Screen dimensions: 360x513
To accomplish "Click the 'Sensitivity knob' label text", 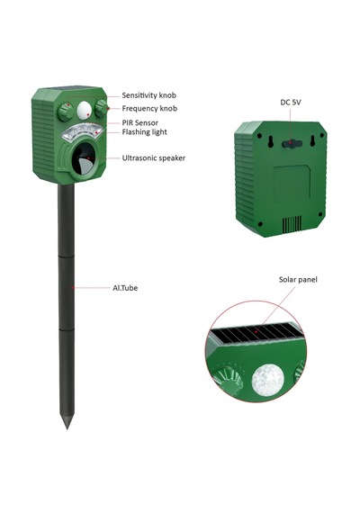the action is [x=148, y=95].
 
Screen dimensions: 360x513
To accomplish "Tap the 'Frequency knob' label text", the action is [x=149, y=108].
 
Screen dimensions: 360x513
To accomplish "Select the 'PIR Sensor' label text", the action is [x=140, y=123].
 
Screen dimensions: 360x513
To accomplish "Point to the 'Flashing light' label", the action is [x=144, y=132].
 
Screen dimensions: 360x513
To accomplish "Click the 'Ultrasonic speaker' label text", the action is [x=154, y=158].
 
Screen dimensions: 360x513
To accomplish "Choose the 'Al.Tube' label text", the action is [x=125, y=288].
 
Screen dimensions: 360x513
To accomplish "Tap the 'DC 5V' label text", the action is [x=291, y=103].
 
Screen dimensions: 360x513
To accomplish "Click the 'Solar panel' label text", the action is [x=298, y=280].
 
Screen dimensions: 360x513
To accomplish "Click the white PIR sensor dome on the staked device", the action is [x=84, y=111].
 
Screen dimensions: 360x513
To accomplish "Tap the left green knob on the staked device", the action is [x=65, y=112].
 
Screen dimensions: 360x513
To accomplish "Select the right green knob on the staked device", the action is [x=101, y=108].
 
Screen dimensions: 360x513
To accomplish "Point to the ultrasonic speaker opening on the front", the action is [x=83, y=159].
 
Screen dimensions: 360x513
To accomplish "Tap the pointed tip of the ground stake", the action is [x=67, y=427].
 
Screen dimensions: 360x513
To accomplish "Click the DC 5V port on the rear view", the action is [x=291, y=143].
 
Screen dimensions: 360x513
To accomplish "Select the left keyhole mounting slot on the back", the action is [x=271, y=141].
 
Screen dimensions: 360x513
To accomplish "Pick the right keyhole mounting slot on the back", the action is [x=312, y=141].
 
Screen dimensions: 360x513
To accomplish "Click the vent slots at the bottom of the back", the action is [x=292, y=224].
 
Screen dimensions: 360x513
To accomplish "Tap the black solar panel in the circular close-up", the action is [x=256, y=333].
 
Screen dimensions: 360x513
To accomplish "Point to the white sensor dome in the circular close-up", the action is [x=267, y=380].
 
